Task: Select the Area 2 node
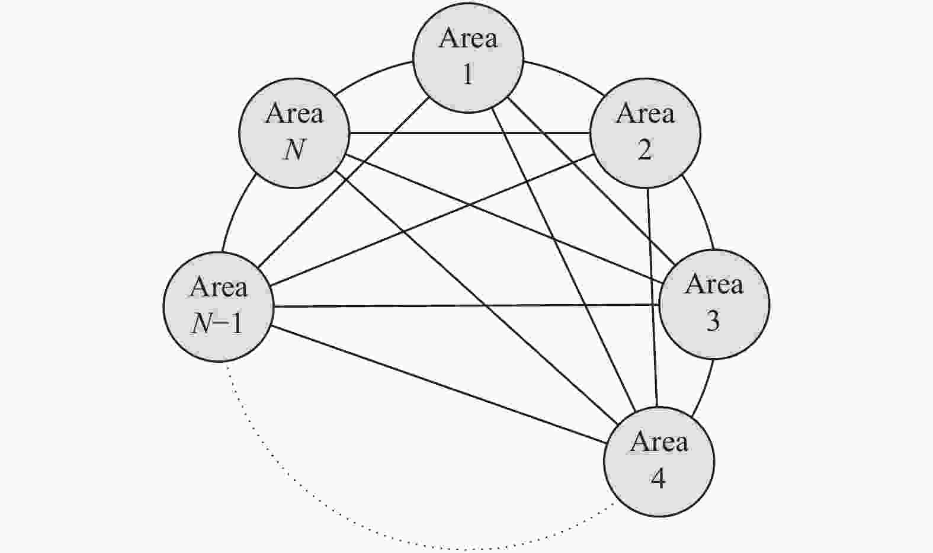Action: coord(645,133)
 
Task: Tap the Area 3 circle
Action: coord(714,304)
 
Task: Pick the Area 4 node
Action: coord(659,462)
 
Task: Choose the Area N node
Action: coord(294,133)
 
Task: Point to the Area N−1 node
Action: coord(219,306)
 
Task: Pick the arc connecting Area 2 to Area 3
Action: coord(700,210)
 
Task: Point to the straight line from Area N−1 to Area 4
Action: coord(438,385)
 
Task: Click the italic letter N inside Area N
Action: coord(294,149)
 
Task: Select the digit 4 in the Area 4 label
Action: coord(658,478)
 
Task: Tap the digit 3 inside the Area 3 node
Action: coord(713,321)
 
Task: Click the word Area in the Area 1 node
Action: coord(468,39)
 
